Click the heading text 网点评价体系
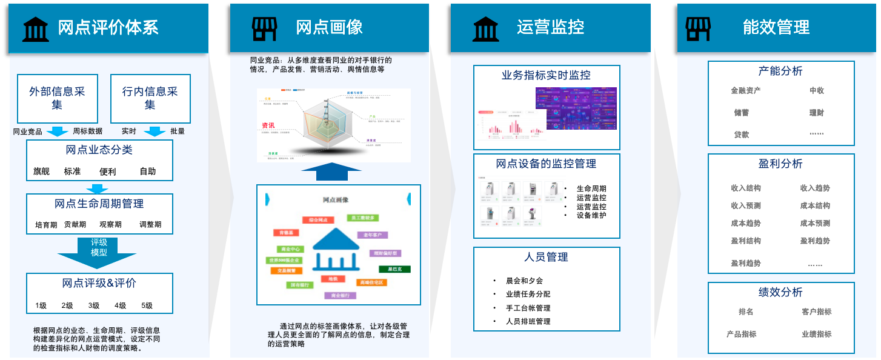[x=108, y=28]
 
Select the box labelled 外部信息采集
[x=58, y=98]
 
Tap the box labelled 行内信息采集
[x=150, y=98]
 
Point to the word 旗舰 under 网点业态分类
[x=41, y=172]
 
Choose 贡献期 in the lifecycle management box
[x=75, y=225]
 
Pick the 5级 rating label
[x=147, y=305]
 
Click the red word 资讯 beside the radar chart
[x=268, y=125]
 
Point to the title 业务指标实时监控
[x=546, y=76]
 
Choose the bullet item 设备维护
[x=591, y=215]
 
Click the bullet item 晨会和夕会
[x=524, y=281]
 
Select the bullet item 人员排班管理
[x=528, y=321]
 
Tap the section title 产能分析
[x=780, y=72]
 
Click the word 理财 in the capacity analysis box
[x=816, y=113]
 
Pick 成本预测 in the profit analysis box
[x=815, y=223]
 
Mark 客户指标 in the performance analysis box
[x=816, y=312]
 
